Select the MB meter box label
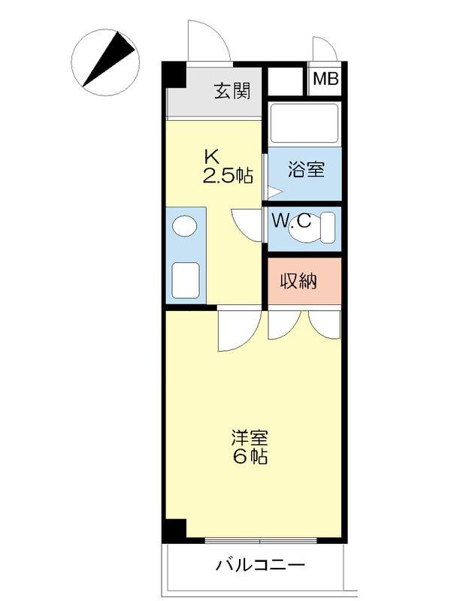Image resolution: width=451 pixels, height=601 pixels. (x=325, y=79)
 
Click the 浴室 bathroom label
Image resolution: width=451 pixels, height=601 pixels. (x=306, y=169)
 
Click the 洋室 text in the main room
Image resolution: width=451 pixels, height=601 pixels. (x=250, y=438)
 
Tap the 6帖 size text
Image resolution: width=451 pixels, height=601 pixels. (x=250, y=456)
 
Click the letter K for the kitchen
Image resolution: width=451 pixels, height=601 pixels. (x=212, y=158)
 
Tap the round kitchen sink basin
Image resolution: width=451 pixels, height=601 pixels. (x=183, y=225)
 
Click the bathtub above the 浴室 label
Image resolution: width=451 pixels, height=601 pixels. (x=304, y=122)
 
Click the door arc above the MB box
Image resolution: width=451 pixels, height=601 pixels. (x=324, y=49)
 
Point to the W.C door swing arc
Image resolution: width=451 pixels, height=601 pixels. (x=247, y=223)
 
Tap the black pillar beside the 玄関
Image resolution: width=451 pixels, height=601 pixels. (x=174, y=74)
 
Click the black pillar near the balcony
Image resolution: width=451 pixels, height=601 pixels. (x=174, y=530)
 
